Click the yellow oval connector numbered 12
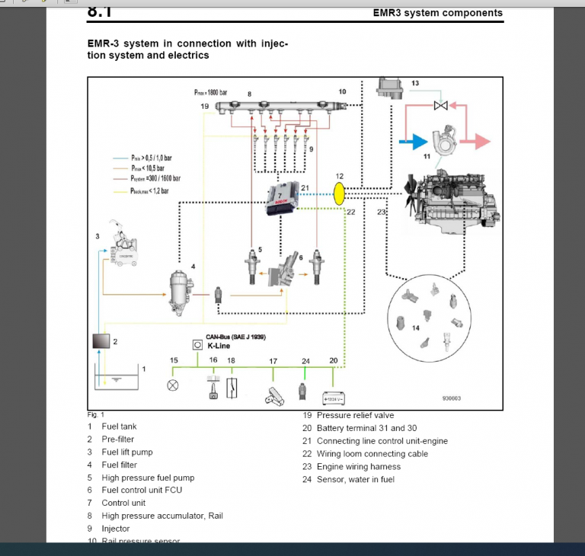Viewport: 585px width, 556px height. point(340,193)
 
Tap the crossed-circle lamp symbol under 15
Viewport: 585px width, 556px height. point(173,385)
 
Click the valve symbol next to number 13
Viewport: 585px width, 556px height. point(440,105)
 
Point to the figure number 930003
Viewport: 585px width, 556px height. point(451,398)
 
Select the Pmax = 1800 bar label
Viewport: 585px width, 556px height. point(210,92)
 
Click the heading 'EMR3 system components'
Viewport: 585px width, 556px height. point(437,13)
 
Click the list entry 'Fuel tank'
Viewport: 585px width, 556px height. point(119,427)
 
